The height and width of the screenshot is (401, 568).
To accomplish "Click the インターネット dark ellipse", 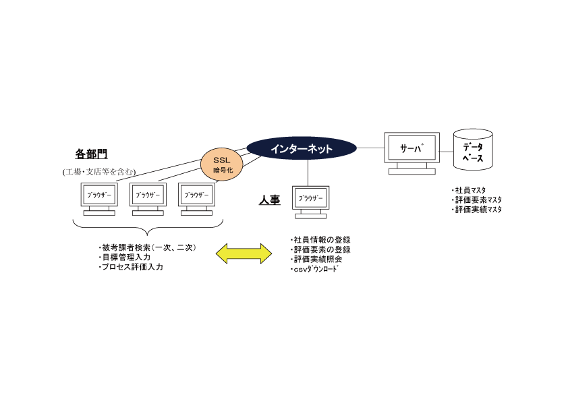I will (x=302, y=148).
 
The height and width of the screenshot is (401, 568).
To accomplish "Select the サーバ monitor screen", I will (x=411, y=148).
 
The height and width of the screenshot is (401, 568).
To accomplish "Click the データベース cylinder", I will (x=472, y=150).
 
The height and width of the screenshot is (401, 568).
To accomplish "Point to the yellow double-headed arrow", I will (x=244, y=253).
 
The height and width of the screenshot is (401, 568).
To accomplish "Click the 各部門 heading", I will (x=92, y=154).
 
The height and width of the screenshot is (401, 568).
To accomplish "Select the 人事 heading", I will (x=270, y=200).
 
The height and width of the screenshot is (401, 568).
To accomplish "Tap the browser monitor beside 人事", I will (x=311, y=199).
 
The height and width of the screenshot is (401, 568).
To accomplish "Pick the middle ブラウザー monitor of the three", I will (x=148, y=195).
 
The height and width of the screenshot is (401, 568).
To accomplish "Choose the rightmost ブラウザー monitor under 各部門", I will (x=197, y=195).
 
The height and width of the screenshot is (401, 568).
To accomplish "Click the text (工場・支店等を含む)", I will (x=99, y=172).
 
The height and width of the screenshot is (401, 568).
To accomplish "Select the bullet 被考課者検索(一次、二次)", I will (x=147, y=248).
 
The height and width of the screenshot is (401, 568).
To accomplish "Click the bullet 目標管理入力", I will (x=125, y=257).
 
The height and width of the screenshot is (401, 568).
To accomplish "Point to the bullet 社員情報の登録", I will (x=321, y=240).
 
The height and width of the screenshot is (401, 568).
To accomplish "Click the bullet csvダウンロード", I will (x=316, y=268).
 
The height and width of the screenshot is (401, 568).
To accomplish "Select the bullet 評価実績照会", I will (x=317, y=259).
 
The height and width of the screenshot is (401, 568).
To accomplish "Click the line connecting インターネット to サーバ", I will (x=370, y=148).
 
